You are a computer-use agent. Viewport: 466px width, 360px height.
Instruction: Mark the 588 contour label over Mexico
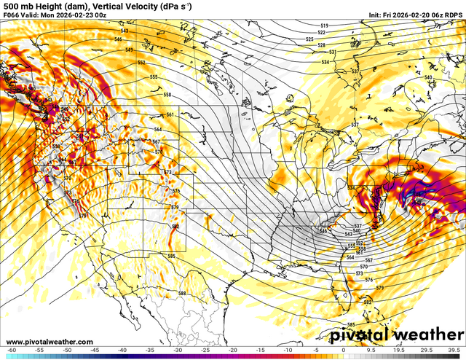click(x=182, y=294)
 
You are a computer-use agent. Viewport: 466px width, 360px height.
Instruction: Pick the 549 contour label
click(x=129, y=50)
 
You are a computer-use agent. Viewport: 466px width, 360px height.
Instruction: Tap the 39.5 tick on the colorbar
click(x=454, y=350)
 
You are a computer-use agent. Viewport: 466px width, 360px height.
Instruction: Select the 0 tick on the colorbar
click(x=343, y=350)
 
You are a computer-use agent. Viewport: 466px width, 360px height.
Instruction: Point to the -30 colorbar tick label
click(x=177, y=350)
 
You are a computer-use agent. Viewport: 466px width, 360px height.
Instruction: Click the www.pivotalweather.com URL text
click(x=50, y=342)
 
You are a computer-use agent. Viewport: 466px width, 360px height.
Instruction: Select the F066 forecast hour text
click(x=12, y=14)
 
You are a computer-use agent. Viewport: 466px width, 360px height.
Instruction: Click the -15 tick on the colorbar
click(x=260, y=350)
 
